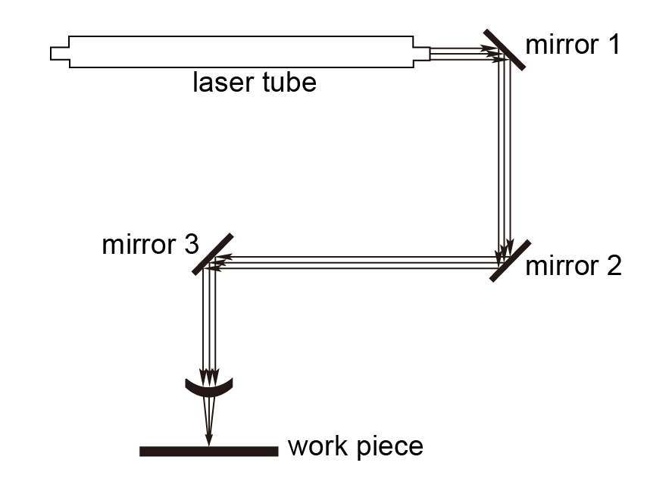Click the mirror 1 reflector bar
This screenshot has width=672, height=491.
pos(505,48)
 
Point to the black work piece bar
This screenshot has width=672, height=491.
pos(209,452)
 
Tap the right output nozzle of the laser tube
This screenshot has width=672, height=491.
pos(420,53)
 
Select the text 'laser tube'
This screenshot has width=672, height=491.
pos(254,82)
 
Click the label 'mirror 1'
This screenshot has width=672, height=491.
pos(573,45)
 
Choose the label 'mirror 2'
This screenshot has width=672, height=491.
pos(573,266)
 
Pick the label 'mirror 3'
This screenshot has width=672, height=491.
pos(150,245)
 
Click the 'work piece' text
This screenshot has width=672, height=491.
pos(355,446)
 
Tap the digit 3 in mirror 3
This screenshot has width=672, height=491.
pos(191,245)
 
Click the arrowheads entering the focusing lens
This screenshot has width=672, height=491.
pos(208,375)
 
